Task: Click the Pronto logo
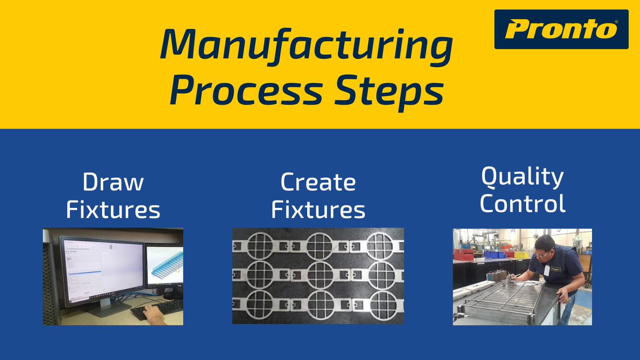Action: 561,29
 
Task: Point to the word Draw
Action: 113,183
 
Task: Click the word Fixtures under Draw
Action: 113,210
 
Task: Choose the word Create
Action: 318,183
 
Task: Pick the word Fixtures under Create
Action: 318,210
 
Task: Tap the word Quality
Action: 522,178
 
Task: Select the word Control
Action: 522,204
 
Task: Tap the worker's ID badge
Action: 547,270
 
